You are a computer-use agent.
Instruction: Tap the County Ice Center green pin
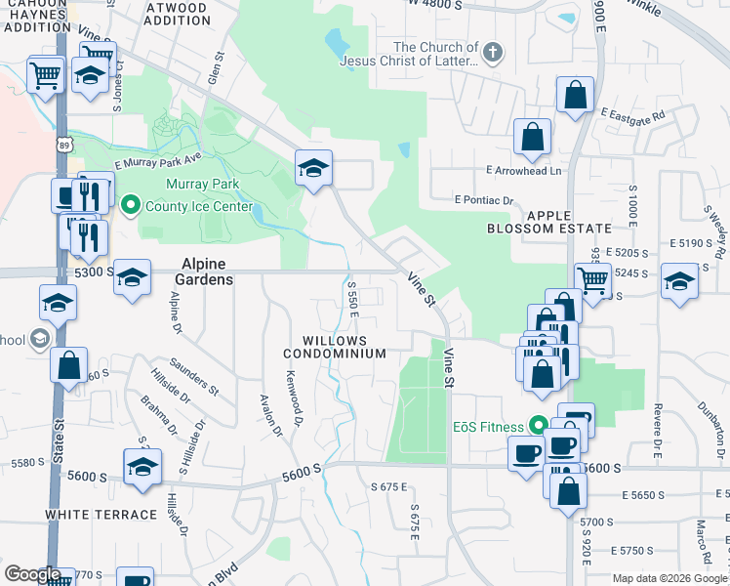[130, 206]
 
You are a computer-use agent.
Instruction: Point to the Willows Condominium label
[335, 347]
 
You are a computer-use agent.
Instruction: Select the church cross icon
[494, 52]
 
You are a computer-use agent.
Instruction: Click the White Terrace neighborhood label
[101, 514]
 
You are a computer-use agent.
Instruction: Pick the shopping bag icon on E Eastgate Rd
[576, 96]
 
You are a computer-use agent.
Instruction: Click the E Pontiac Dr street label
[484, 200]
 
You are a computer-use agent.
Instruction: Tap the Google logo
[32, 574]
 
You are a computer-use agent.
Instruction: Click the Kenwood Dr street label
[294, 390]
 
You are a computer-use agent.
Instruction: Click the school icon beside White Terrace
[142, 467]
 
